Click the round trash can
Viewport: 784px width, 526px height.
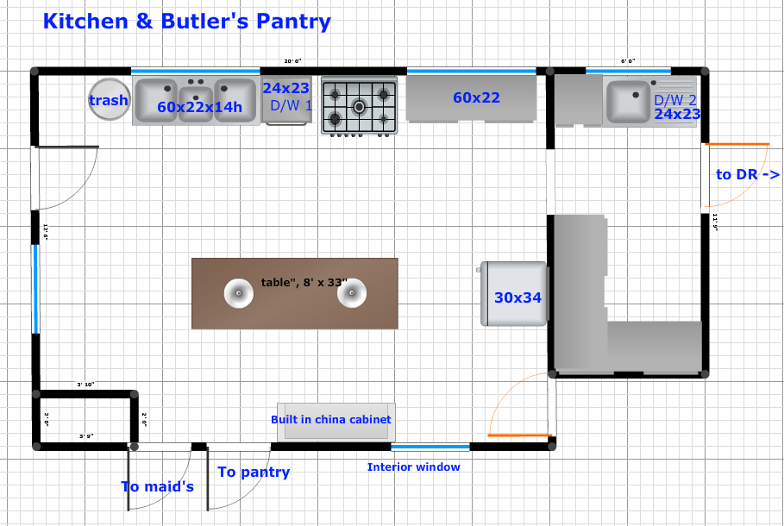click(109, 100)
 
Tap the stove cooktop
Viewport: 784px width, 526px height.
click(359, 106)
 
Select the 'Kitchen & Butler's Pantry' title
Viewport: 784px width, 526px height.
click(186, 22)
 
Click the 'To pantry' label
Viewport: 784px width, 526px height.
click(254, 472)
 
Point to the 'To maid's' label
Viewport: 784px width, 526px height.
click(157, 486)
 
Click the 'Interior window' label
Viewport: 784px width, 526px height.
click(413, 467)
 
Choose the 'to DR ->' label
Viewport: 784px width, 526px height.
click(748, 174)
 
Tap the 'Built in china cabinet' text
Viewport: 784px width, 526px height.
click(330, 419)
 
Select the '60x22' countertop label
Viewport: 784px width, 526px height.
click(476, 97)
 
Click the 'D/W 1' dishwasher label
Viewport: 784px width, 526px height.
click(291, 106)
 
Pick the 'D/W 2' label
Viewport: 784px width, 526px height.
click(674, 100)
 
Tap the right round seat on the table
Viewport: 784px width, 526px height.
click(352, 294)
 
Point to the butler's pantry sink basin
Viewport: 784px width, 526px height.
click(628, 100)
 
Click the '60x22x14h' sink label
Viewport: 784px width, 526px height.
click(199, 107)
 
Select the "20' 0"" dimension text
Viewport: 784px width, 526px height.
click(293, 61)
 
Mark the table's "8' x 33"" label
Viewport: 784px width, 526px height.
click(304, 282)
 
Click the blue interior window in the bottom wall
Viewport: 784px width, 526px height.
click(430, 447)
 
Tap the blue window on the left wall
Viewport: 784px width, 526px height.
click(35, 287)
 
